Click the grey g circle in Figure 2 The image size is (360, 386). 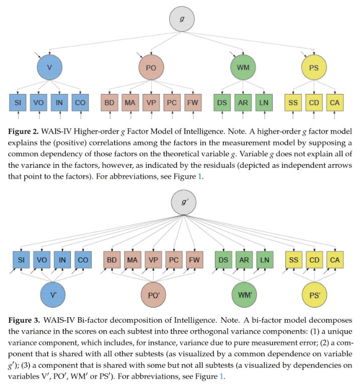pyautogui.click(x=179, y=18)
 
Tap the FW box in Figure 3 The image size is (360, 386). pyautogui.click(x=193, y=260)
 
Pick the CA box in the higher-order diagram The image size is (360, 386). pyautogui.click(x=334, y=103)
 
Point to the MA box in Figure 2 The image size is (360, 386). pyautogui.click(x=131, y=103)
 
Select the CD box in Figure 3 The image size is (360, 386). pyautogui.click(x=314, y=260)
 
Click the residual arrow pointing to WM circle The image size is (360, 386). pyautogui.click(x=232, y=54)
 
